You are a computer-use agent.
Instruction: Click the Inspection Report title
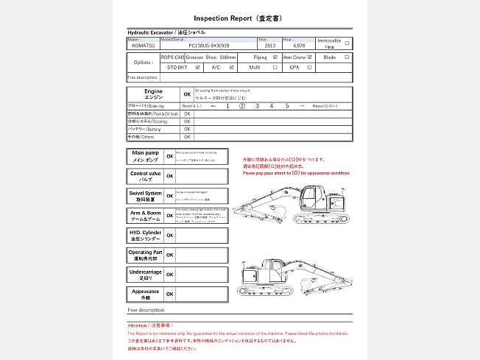click(x=239, y=17)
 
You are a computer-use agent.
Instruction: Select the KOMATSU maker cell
click(x=144, y=46)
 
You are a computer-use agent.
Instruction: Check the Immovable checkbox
click(x=347, y=42)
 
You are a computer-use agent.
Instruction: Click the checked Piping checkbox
click(x=275, y=57)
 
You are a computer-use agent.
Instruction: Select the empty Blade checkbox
click(x=347, y=57)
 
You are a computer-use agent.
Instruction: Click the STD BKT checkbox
click(x=197, y=67)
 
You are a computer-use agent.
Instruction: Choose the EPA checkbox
click(x=311, y=67)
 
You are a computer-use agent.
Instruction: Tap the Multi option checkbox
click(x=275, y=67)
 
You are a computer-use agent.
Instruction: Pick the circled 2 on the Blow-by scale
click(x=241, y=106)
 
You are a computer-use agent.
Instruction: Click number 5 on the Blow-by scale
click(x=287, y=106)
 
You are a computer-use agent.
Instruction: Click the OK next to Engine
click(x=186, y=94)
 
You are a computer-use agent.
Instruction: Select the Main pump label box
click(x=145, y=156)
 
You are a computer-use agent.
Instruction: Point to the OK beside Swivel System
click(x=169, y=196)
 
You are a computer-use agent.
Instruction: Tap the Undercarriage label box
click(x=145, y=275)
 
